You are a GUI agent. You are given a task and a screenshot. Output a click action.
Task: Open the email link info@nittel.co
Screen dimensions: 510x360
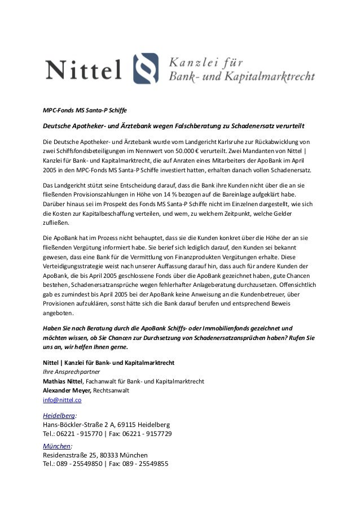[x=63, y=400]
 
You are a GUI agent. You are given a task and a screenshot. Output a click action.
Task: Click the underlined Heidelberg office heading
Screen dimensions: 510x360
[x=59, y=414]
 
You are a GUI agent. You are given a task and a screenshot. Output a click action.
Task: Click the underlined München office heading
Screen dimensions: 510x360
[x=58, y=445]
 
